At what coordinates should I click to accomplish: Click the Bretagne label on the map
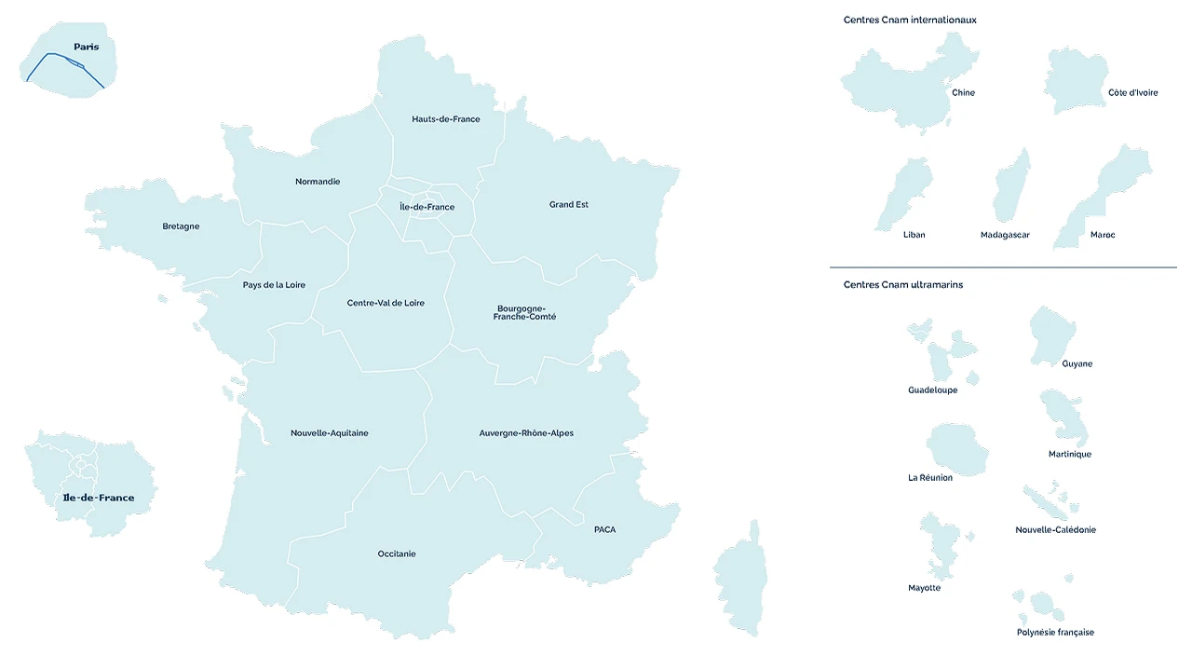pos(181,226)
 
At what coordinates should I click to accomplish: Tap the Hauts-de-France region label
pos(446,119)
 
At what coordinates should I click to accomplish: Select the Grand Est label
pos(568,204)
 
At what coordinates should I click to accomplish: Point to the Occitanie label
pos(397,553)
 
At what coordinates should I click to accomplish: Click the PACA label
pos(604,529)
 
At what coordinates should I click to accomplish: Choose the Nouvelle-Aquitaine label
pos(329,432)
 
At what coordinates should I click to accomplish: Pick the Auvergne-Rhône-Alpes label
pos(526,432)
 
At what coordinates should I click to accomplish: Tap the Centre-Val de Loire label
pos(386,303)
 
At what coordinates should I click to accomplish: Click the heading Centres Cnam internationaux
pos(910,20)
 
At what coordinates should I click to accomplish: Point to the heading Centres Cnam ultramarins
pos(903,284)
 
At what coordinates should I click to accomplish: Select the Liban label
pos(914,235)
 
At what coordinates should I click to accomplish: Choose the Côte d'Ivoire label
pos(1132,92)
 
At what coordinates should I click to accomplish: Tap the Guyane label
pos(1077,363)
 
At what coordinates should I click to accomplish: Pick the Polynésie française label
pos(1055,632)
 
